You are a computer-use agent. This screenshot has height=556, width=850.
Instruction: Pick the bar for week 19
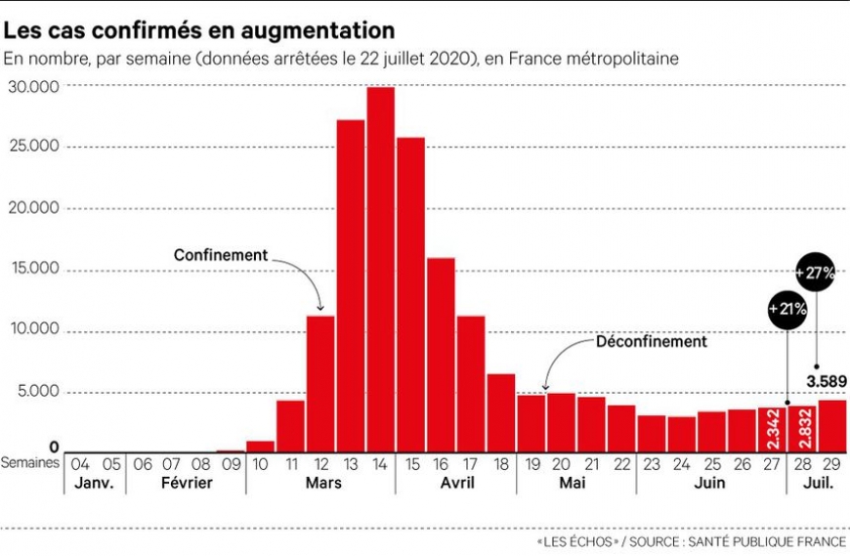pos(531,423)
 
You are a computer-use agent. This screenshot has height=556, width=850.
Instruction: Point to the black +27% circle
pos(815,273)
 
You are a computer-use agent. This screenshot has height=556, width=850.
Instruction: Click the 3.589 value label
pos(826,380)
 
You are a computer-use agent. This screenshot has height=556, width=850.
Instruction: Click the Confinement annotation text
pos(220,255)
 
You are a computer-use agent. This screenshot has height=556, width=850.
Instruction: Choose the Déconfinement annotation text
pos(651,342)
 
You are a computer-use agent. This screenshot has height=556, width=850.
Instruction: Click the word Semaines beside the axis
pos(30,463)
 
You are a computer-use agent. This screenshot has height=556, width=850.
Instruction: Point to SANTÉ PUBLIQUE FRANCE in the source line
pos(766,540)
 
